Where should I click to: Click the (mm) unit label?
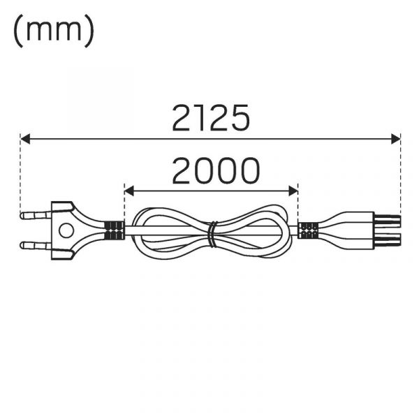tap(54, 30)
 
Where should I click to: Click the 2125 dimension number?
tap(211, 117)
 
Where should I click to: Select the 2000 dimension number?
tap(216, 170)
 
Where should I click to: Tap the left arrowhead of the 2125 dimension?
tap(25, 139)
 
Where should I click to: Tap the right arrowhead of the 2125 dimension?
tap(396, 139)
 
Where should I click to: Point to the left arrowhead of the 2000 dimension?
tap(129, 191)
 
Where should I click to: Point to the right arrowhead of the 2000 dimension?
tap(293, 191)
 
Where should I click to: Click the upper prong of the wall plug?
tap(36, 215)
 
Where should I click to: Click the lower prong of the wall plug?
tap(36, 245)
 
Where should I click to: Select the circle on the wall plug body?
tap(66, 230)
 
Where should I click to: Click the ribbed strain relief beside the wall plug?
tap(114, 230)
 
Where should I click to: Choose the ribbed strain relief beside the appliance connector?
tap(308, 230)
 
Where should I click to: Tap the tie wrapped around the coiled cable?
tap(212, 234)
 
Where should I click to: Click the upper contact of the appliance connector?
tap(387, 220)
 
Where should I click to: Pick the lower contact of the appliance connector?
tap(387, 240)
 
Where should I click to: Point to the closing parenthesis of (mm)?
tap(90, 31)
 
